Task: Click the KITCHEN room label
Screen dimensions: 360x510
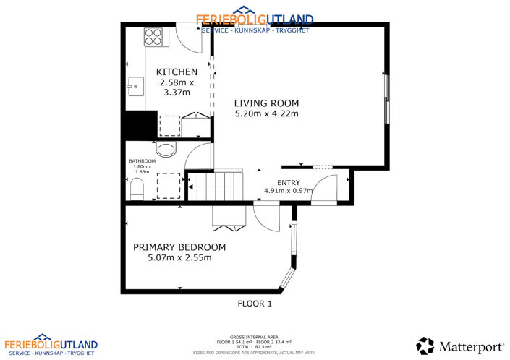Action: coord(177,72)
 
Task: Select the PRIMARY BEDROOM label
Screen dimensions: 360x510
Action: coord(179,247)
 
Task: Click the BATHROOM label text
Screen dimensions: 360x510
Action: coord(142,161)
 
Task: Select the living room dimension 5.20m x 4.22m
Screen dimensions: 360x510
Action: coord(267,113)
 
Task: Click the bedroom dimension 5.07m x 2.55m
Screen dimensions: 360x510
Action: coord(179,257)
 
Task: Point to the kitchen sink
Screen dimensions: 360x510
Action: coord(134,87)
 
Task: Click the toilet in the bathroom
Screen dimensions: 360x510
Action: coord(137,189)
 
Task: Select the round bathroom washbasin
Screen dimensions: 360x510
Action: coord(166,150)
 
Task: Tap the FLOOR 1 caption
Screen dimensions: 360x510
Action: coord(255,304)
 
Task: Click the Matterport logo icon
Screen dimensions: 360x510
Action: coord(425,346)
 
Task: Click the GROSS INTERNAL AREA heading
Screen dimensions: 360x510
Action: coord(255,337)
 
